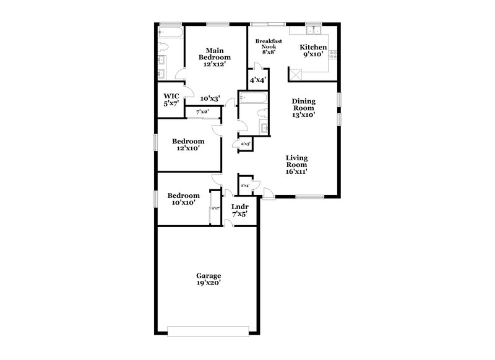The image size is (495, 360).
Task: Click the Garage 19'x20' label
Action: tap(209, 279)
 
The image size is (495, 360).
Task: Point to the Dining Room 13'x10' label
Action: tap(304, 108)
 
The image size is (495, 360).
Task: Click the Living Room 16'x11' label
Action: tap(296, 165)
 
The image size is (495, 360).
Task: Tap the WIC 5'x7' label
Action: tap(171, 100)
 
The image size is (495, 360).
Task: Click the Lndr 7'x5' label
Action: tap(239, 210)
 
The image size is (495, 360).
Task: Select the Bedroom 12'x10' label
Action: tap(185, 144)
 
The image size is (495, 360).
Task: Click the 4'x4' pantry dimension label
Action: tap(257, 80)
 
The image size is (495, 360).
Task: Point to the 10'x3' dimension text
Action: tap(210, 98)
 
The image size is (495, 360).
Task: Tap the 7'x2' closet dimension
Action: tap(202, 112)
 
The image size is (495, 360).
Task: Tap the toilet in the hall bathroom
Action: tap(243, 98)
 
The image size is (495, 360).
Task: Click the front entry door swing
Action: tap(267, 193)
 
